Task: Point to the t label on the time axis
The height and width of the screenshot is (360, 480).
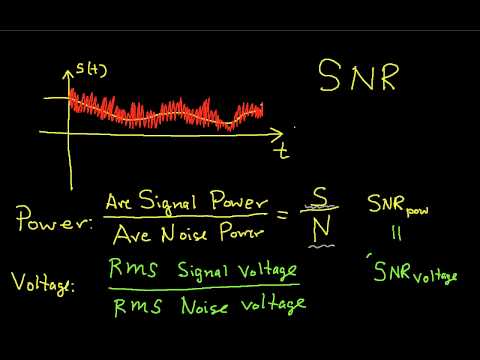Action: pyautogui.click(x=284, y=152)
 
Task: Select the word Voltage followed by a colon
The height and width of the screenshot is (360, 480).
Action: pyautogui.click(x=48, y=286)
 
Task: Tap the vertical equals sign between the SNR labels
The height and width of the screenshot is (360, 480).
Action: pyautogui.click(x=386, y=240)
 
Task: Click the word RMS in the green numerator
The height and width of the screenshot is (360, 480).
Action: pyautogui.click(x=127, y=267)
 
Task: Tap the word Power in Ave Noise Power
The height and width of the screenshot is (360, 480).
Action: pyautogui.click(x=239, y=236)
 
